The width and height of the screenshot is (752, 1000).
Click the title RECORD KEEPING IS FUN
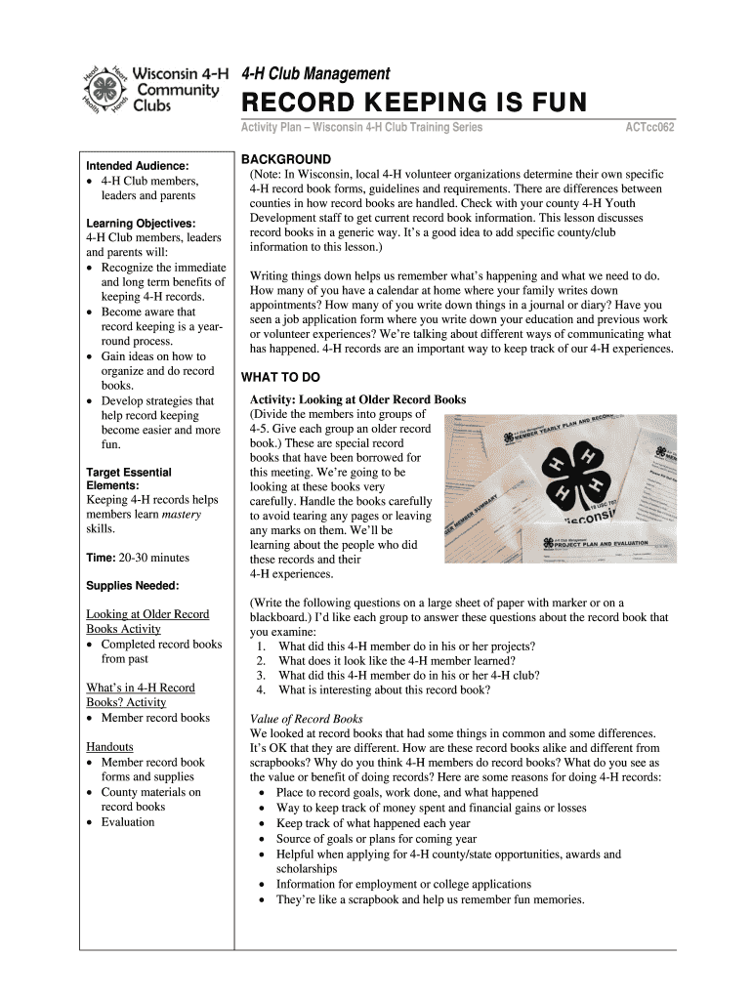[x=414, y=103]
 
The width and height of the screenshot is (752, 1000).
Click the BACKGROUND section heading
[x=286, y=159]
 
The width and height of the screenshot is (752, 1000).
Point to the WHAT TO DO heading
[x=280, y=378]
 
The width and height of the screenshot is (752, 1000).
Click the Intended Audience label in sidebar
[x=138, y=166]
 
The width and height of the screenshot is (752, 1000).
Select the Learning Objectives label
[x=141, y=224]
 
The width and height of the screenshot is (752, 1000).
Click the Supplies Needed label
[x=133, y=586]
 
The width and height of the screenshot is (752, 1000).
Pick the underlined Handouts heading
[x=110, y=747]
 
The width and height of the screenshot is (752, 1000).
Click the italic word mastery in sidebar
[x=182, y=514]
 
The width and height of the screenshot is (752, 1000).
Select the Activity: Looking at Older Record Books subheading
[x=357, y=399]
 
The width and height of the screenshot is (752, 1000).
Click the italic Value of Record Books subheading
[x=306, y=719]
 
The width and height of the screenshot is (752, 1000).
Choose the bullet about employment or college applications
[x=403, y=885]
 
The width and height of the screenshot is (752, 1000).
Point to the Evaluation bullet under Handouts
[x=128, y=821]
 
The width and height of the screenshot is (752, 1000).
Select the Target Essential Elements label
[x=129, y=479]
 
